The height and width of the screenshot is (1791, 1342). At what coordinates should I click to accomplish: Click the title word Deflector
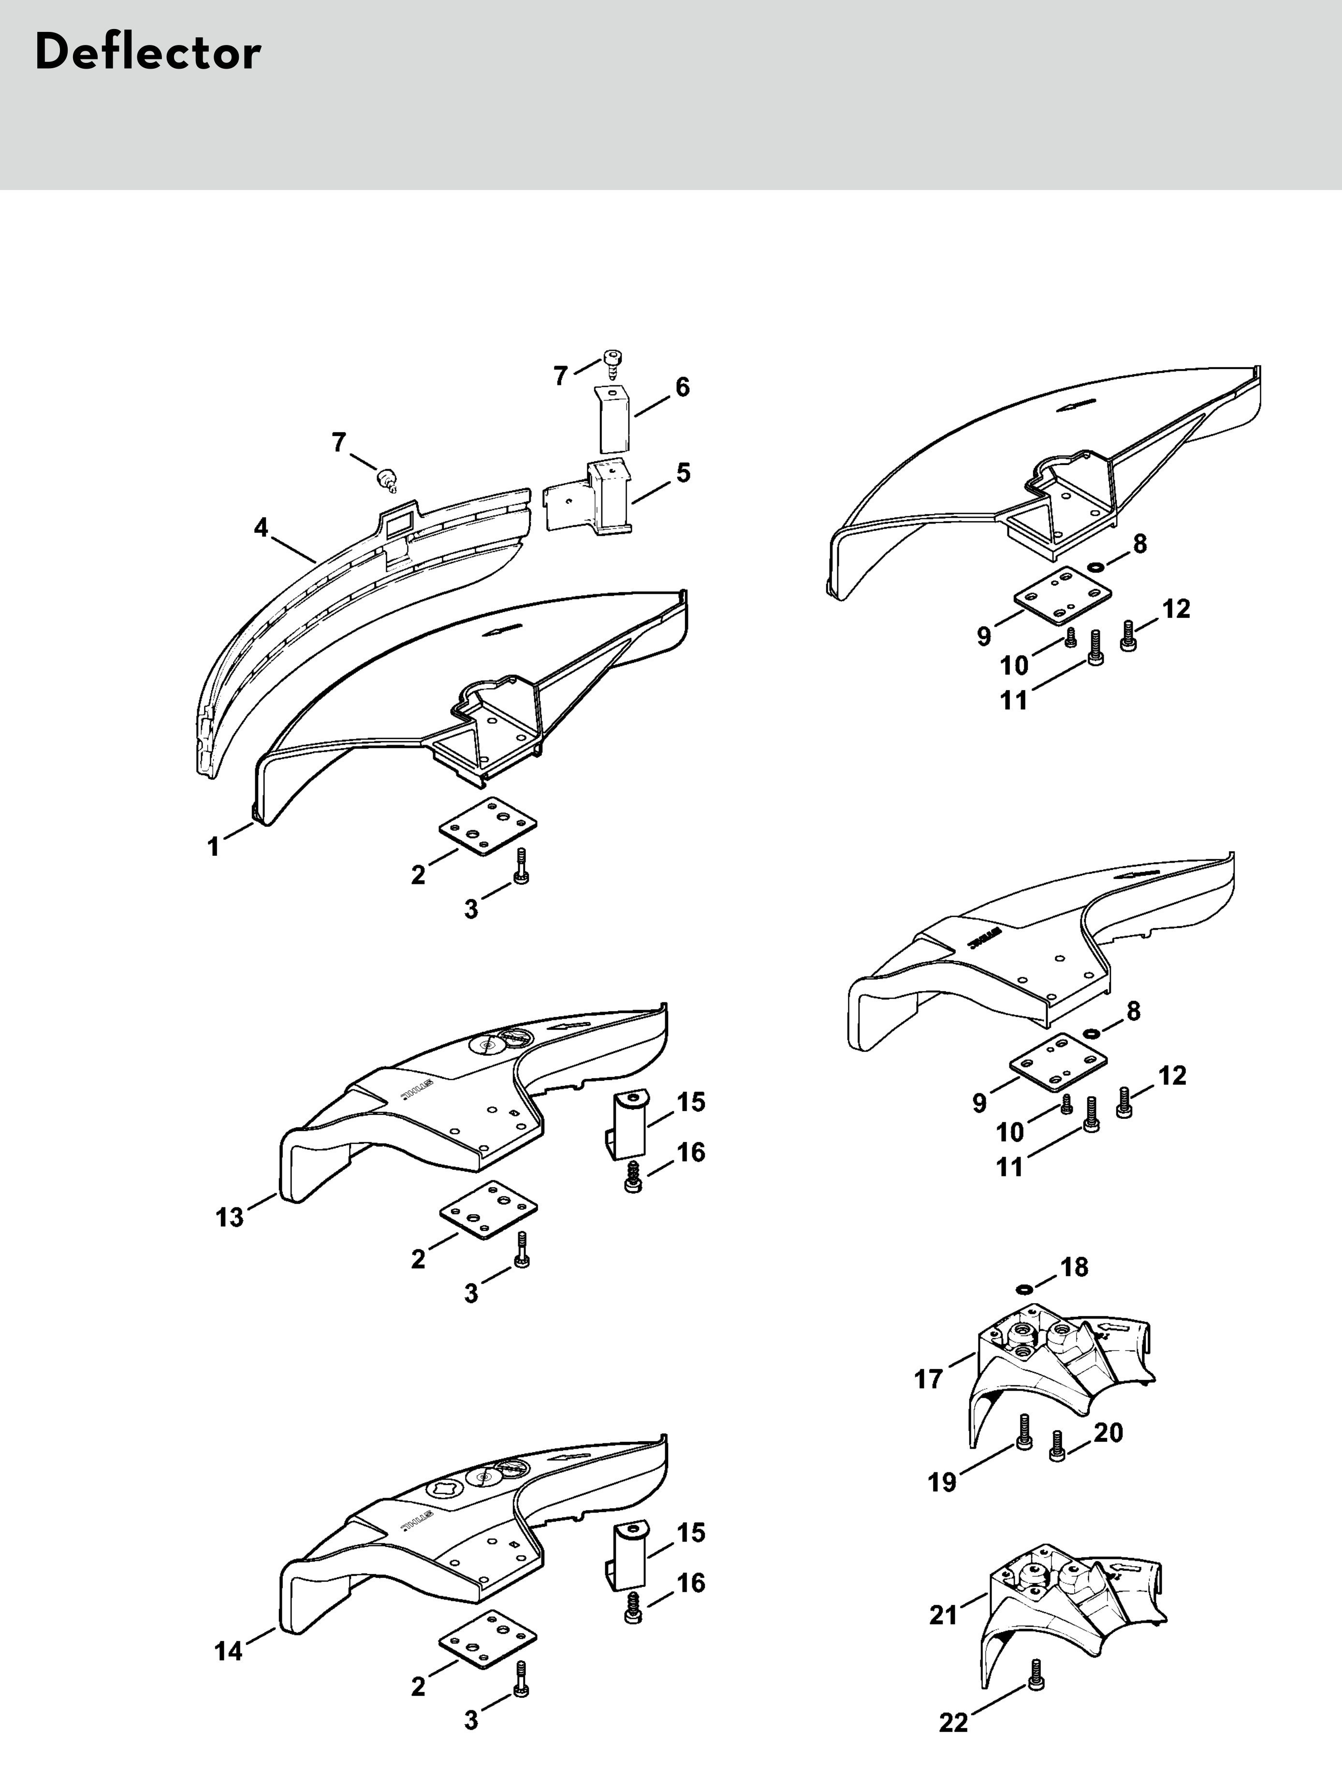[x=148, y=54]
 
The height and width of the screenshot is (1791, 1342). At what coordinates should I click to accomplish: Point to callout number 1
[x=214, y=847]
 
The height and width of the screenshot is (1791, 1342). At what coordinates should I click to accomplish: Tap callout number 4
[x=261, y=528]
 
